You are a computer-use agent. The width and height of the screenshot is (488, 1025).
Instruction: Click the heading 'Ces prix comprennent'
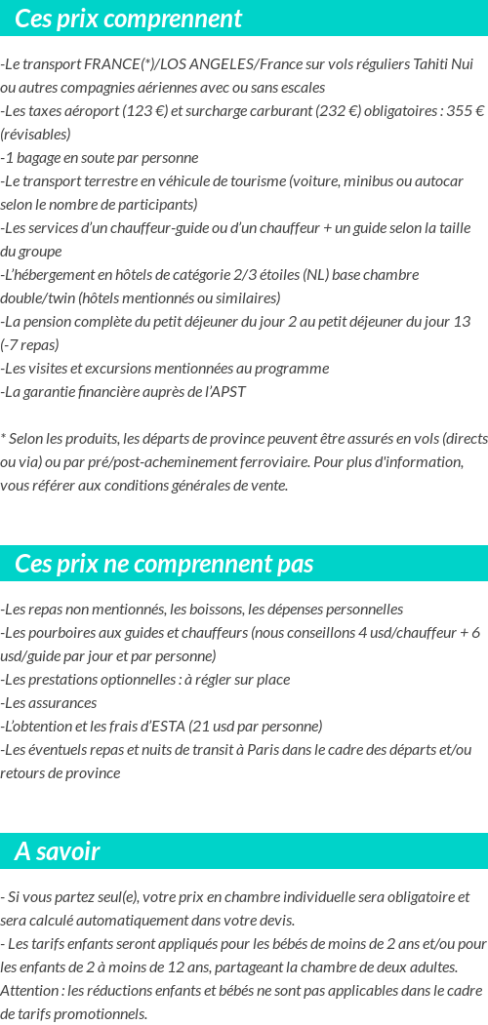click(129, 19)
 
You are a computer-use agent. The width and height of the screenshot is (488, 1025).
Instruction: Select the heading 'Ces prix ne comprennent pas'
click(164, 564)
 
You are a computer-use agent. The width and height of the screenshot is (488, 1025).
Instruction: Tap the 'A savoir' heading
click(58, 851)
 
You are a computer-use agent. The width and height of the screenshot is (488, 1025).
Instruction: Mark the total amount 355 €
click(466, 111)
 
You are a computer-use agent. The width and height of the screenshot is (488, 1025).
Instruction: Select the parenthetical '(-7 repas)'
click(30, 345)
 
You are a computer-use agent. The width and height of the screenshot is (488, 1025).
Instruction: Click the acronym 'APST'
click(228, 392)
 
